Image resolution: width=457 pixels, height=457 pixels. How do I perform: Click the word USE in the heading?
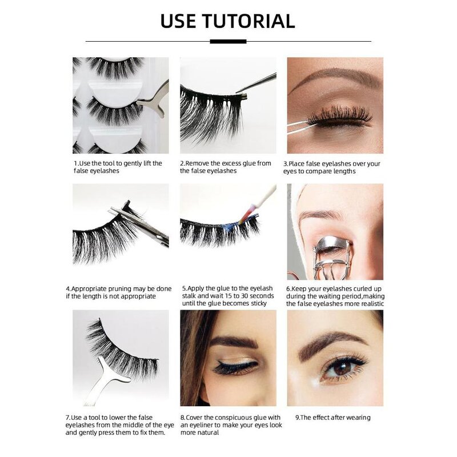pyautogui.click(x=179, y=21)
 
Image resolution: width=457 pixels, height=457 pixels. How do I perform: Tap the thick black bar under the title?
pyautogui.click(x=228, y=41)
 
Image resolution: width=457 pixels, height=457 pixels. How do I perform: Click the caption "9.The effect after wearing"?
pyautogui.click(x=332, y=418)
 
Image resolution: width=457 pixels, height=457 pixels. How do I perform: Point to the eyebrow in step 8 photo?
pyautogui.click(x=231, y=342)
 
